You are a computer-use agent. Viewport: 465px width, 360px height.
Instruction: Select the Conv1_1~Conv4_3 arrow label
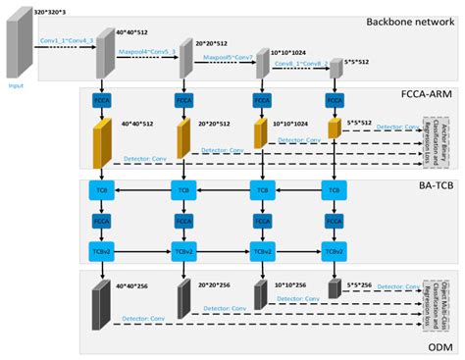pyautogui.click(x=68, y=40)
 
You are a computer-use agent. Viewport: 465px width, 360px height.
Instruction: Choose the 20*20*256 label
pyautogui.click(x=214, y=285)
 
